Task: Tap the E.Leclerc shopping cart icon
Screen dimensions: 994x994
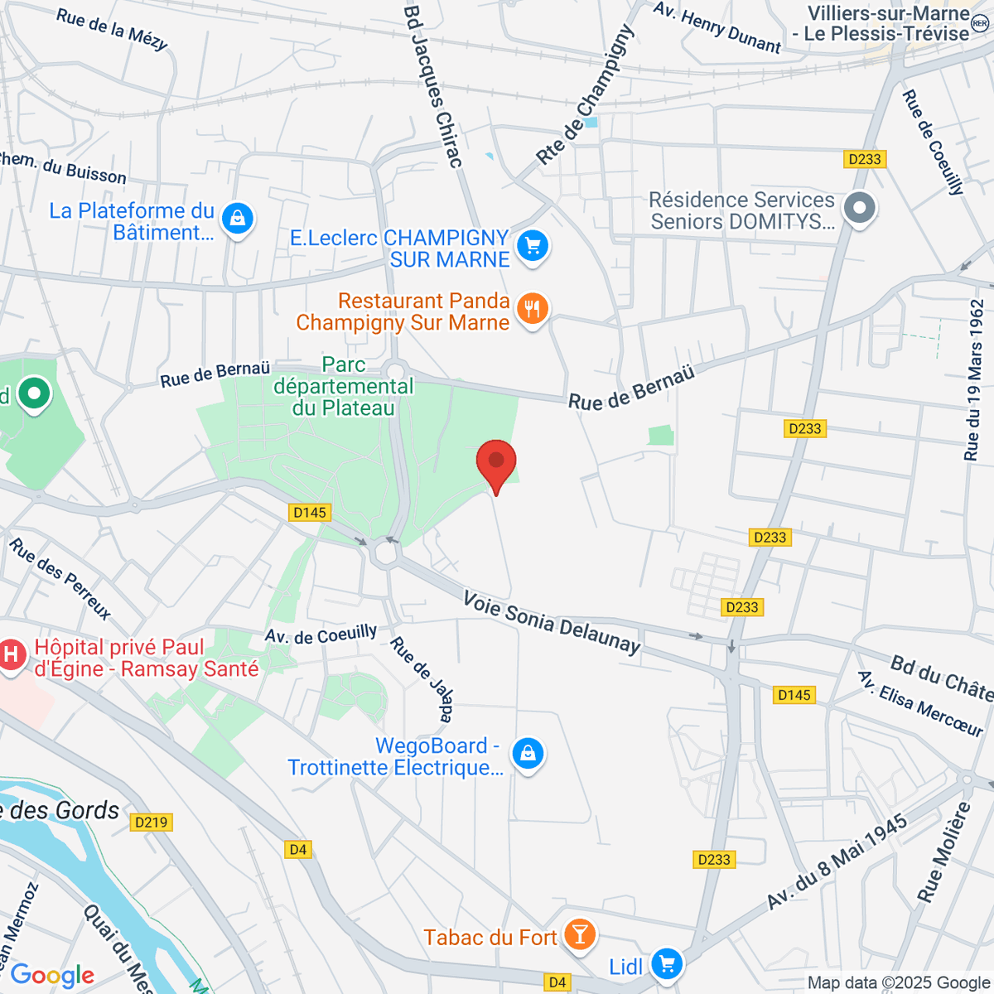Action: [533, 246]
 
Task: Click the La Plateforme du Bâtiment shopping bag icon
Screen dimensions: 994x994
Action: [238, 220]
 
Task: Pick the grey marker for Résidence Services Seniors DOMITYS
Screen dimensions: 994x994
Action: [860, 208]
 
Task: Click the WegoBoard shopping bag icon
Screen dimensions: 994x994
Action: [528, 755]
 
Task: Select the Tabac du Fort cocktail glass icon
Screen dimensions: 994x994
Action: [579, 935]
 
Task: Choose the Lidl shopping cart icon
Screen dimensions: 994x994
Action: [667, 963]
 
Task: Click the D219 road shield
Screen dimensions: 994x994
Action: [151, 823]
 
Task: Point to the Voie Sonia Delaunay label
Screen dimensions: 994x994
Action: [552, 622]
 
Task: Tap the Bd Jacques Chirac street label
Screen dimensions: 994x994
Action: [432, 86]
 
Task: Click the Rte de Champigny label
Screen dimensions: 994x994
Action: [585, 95]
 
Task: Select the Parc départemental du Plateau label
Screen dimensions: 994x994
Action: [344, 387]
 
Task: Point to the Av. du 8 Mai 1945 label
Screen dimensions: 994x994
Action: [837, 861]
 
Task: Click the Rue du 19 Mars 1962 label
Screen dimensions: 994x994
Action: [974, 379]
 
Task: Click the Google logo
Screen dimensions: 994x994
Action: [52, 975]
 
